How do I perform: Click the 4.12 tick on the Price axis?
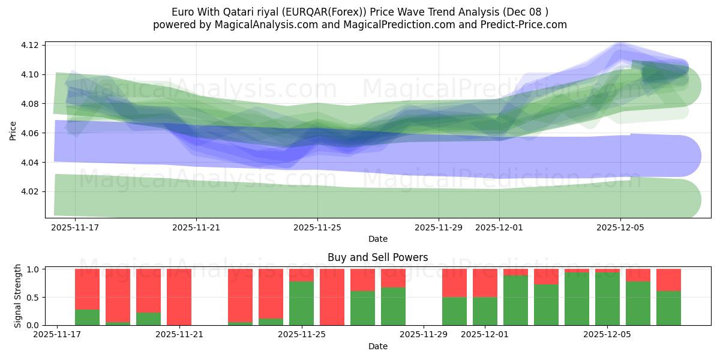(x=31, y=46)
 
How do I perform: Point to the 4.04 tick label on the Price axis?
(x=31, y=163)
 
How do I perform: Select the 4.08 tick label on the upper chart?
(x=31, y=104)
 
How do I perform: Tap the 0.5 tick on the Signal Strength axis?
(x=34, y=297)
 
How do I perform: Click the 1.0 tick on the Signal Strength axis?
(x=34, y=269)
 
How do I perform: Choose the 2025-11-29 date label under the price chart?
(x=439, y=227)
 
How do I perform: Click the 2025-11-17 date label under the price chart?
(x=75, y=227)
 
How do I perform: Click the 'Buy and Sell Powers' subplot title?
(x=377, y=257)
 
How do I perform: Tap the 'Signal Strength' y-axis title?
(x=18, y=295)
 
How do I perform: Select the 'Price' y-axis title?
(x=13, y=130)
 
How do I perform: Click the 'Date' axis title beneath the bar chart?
(x=377, y=346)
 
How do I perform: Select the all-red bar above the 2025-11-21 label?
(x=179, y=297)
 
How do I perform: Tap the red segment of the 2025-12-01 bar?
(x=485, y=283)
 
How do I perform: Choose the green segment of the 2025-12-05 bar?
(x=607, y=299)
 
